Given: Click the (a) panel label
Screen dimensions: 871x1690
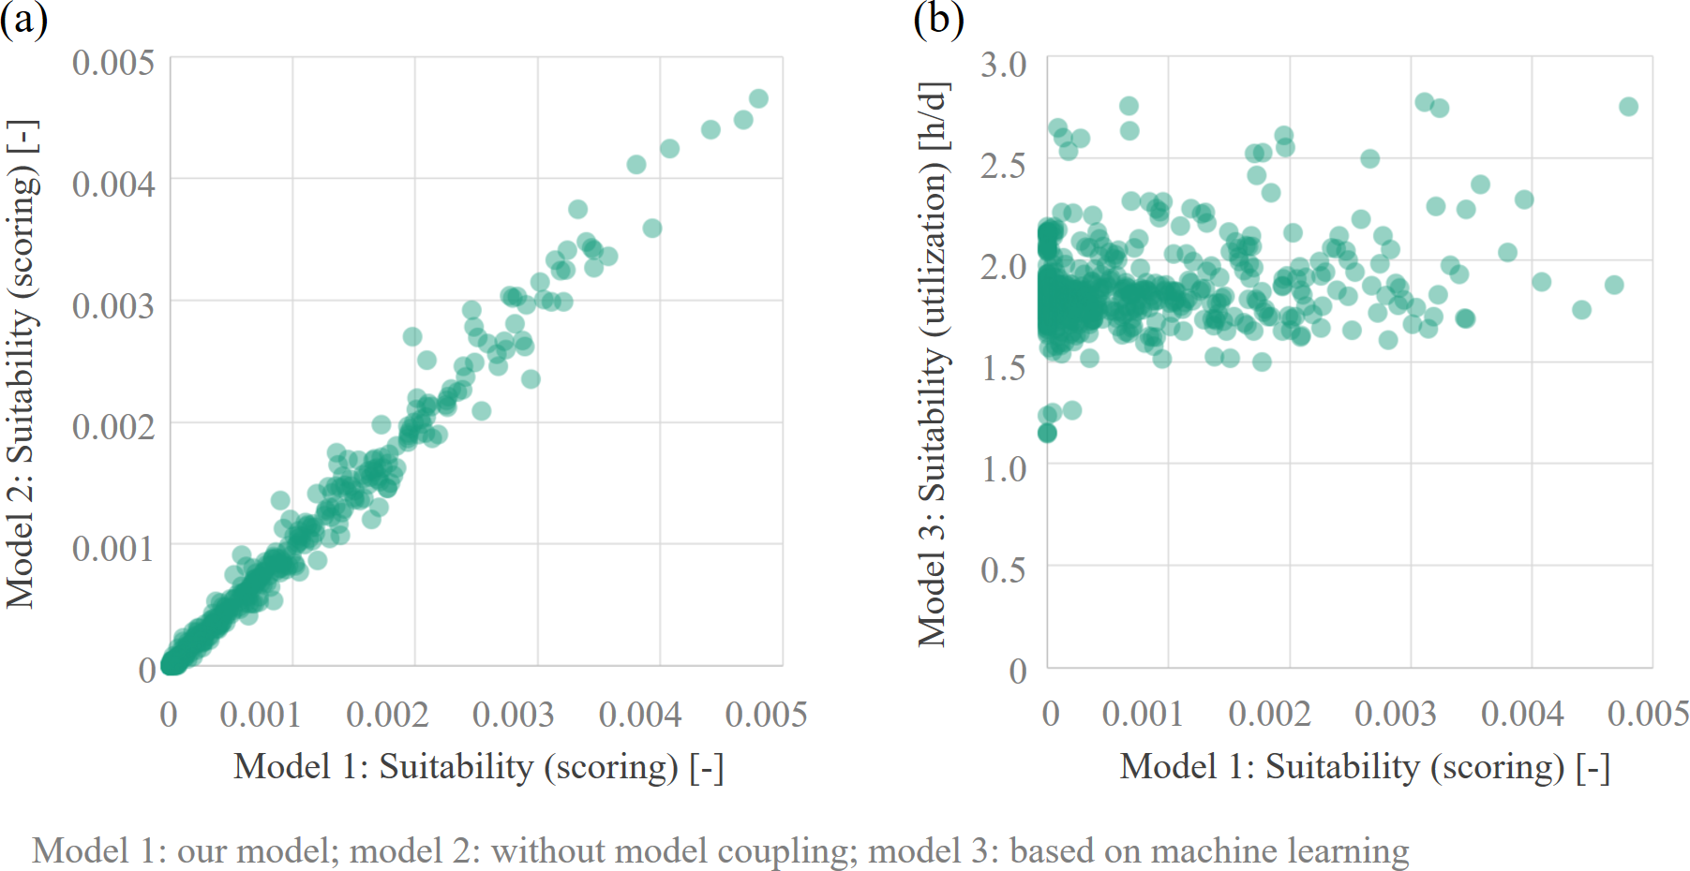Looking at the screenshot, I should point(23,19).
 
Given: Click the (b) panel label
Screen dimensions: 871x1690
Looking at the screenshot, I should point(938,19).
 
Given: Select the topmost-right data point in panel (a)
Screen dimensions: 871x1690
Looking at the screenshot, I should point(758,98).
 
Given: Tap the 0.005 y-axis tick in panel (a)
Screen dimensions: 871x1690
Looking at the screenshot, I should point(113,63).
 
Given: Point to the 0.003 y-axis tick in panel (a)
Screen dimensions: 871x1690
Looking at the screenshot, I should point(113,305).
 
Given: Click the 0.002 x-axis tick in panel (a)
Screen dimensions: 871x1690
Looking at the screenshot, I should point(387,715).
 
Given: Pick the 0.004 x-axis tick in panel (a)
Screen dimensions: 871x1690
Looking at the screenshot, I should point(640,715).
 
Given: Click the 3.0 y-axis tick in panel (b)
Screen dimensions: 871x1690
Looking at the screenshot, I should point(1003,65).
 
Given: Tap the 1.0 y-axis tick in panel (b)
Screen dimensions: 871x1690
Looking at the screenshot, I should point(1003,467).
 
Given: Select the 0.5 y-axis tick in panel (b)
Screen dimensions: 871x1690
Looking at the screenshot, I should point(1003,569).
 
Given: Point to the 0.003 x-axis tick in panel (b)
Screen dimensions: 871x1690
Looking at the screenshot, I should point(1396,714).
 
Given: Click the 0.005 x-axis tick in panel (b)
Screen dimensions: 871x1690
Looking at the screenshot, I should point(1648,714).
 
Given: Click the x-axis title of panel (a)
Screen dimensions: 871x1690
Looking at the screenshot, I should point(478,767).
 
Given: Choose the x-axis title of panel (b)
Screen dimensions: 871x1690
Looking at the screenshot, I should point(1365,767).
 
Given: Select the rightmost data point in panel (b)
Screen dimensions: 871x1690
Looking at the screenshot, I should point(1628,107).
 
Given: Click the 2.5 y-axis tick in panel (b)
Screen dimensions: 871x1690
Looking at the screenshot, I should point(1003,166).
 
